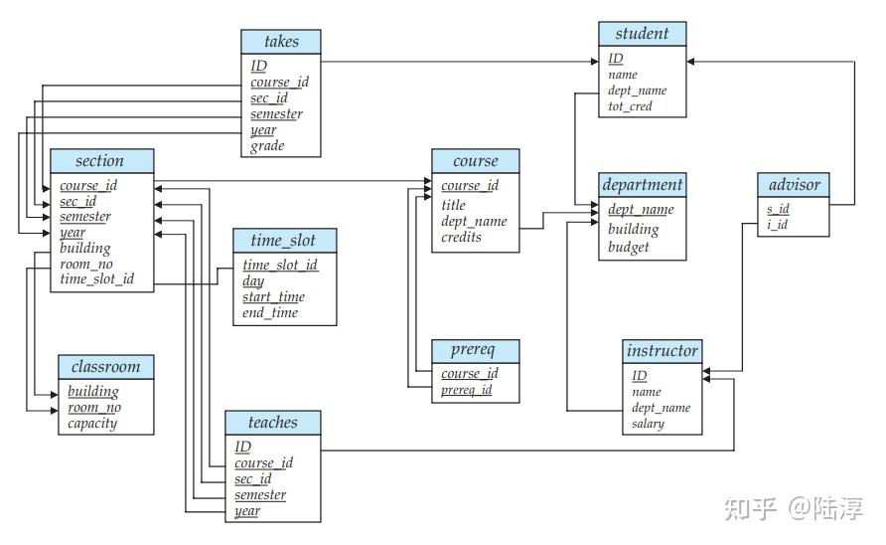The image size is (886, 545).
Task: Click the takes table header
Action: [x=282, y=42]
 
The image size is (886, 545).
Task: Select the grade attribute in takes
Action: [x=267, y=146]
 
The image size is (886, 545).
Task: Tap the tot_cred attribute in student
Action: [x=630, y=106]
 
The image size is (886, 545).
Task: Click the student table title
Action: [x=642, y=34]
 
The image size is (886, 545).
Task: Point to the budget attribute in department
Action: [x=628, y=247]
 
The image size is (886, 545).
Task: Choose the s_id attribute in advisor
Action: [x=778, y=210]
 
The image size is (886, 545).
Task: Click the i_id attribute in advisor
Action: [x=777, y=226]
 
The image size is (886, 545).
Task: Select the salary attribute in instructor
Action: [x=648, y=424]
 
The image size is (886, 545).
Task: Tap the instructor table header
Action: [x=662, y=351]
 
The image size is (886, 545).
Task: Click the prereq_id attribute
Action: [x=466, y=391]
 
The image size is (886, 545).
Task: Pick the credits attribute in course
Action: [x=461, y=238]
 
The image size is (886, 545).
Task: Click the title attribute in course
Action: [x=453, y=205]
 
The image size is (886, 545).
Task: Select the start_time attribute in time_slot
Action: [x=273, y=297]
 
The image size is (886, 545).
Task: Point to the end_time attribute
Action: [x=269, y=313]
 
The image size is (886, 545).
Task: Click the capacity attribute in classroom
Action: [x=92, y=424]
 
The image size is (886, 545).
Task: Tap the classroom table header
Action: [x=105, y=367]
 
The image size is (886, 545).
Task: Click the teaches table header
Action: [x=273, y=423]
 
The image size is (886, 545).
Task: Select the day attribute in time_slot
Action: [x=253, y=281]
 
